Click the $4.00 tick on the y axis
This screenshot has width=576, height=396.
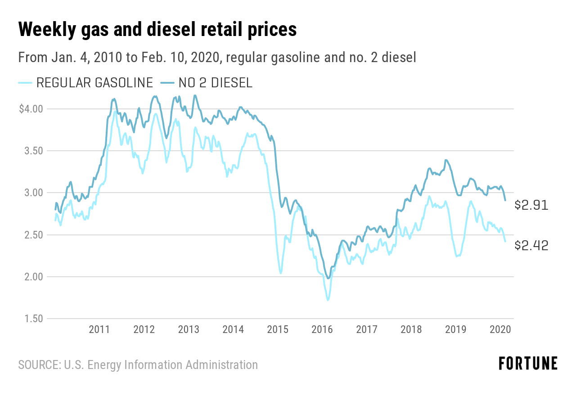pyautogui.click(x=31, y=109)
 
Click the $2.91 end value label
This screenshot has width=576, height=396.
pyautogui.click(x=531, y=205)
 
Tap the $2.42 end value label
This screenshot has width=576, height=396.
pyautogui.click(x=531, y=245)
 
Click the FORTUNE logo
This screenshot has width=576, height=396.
pyautogui.click(x=528, y=363)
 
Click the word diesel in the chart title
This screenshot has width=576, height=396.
pyautogui.click(x=184, y=30)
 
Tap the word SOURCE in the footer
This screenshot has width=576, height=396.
pyautogui.click(x=38, y=364)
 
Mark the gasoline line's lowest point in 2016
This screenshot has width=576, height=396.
pyautogui.click(x=328, y=300)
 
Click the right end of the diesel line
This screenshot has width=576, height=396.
pyautogui.click(x=505, y=200)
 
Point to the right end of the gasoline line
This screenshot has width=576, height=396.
pyautogui.click(x=505, y=242)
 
